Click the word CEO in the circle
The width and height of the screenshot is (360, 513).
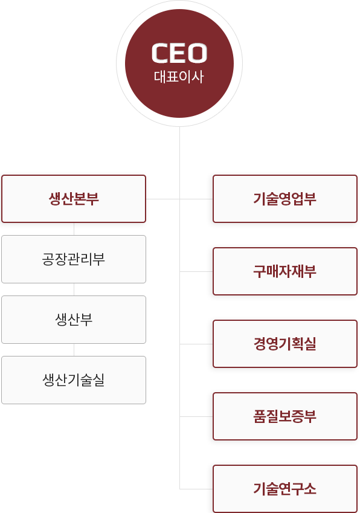point(179,53)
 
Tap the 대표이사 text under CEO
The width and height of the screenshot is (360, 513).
point(179,77)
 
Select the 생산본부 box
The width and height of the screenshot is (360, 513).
point(74,199)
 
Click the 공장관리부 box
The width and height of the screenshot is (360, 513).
point(74,259)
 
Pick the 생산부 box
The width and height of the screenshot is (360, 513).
point(74,320)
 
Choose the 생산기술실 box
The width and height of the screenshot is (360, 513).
point(74,380)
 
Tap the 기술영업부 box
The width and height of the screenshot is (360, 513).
point(284,199)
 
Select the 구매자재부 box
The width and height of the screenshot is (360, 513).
point(284,271)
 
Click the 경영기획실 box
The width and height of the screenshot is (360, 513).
point(284,344)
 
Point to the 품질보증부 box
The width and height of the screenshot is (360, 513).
point(284,416)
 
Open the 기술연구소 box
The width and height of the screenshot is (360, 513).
point(284,489)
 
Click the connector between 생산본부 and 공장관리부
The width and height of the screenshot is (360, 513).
point(74,229)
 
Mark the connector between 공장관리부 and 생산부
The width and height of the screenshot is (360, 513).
point(74,289)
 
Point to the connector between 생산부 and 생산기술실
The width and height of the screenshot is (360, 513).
point(74,350)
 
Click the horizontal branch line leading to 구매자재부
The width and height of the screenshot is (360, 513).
point(196,271)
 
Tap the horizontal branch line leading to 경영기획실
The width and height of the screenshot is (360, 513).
point(196,344)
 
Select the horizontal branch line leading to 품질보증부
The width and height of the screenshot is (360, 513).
point(196,417)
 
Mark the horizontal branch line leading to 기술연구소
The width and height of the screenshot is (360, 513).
point(196,489)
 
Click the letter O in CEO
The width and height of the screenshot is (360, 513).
point(198,53)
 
